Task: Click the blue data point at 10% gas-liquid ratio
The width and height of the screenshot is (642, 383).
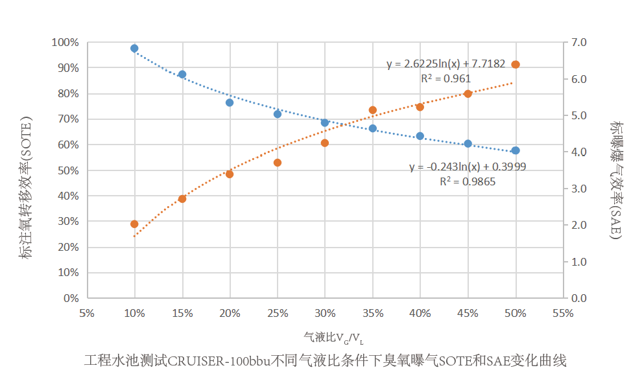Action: (134, 49)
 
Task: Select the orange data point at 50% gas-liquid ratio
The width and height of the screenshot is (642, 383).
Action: (516, 65)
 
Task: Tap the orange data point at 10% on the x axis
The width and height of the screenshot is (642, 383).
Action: (134, 224)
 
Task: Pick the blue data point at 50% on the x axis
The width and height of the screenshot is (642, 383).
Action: (516, 150)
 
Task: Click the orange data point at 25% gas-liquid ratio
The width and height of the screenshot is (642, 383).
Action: (278, 163)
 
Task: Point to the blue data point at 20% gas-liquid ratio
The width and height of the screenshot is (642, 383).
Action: (230, 102)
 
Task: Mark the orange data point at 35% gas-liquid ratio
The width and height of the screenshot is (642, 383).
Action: (373, 110)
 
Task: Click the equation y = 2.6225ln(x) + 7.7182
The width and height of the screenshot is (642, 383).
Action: (446, 64)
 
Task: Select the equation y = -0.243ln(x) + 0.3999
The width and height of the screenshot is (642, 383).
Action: (468, 167)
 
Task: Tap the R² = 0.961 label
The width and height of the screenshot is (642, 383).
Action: (446, 78)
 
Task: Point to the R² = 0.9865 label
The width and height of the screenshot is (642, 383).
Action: (468, 181)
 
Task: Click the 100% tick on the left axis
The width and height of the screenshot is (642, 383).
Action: (65, 43)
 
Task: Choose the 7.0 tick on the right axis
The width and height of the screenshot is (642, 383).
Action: (578, 43)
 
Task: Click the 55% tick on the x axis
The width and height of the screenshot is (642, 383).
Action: (564, 313)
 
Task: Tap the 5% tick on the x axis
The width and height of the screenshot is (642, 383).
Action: (86, 313)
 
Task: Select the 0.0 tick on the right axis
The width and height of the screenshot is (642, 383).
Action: (578, 299)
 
